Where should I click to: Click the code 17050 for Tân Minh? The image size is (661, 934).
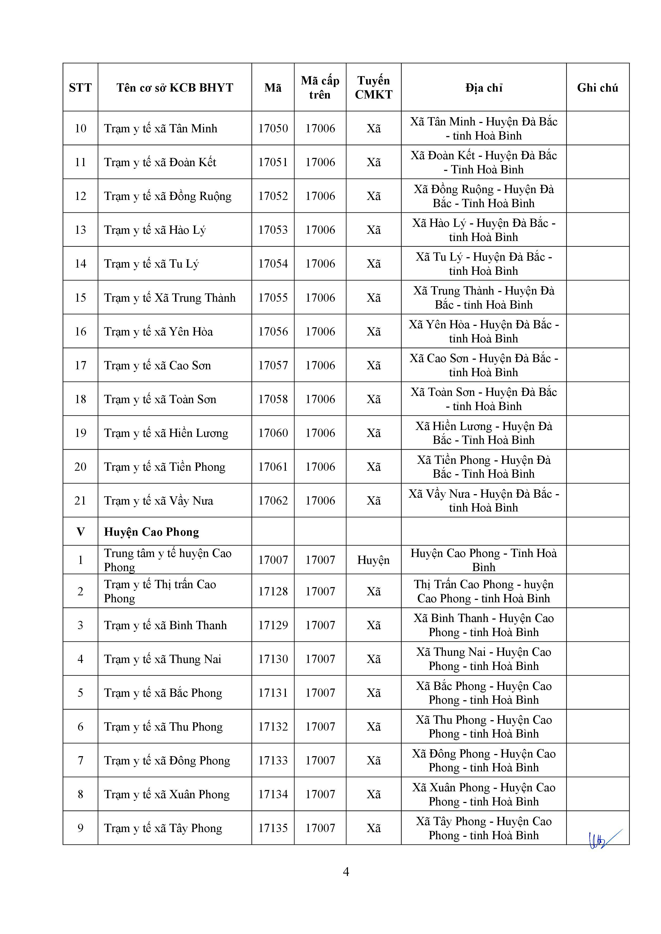(x=273, y=129)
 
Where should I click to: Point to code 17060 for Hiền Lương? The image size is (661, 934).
(x=273, y=433)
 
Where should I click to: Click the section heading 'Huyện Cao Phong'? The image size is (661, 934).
(x=151, y=532)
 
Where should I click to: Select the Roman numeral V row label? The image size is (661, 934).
(x=80, y=532)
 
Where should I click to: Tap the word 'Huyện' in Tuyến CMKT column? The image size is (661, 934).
(x=373, y=560)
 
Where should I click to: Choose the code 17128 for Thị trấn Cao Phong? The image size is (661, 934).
(x=273, y=592)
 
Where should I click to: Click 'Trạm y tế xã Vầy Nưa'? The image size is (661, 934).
(x=158, y=501)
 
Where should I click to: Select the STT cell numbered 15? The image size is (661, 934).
(x=80, y=298)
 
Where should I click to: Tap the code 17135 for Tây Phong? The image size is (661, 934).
(x=273, y=828)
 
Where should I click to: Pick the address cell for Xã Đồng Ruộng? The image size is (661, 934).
(x=484, y=196)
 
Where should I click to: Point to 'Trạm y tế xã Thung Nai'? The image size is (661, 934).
(x=163, y=659)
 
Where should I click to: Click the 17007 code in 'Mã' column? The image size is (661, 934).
(x=273, y=560)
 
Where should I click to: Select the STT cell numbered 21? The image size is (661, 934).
(x=80, y=501)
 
